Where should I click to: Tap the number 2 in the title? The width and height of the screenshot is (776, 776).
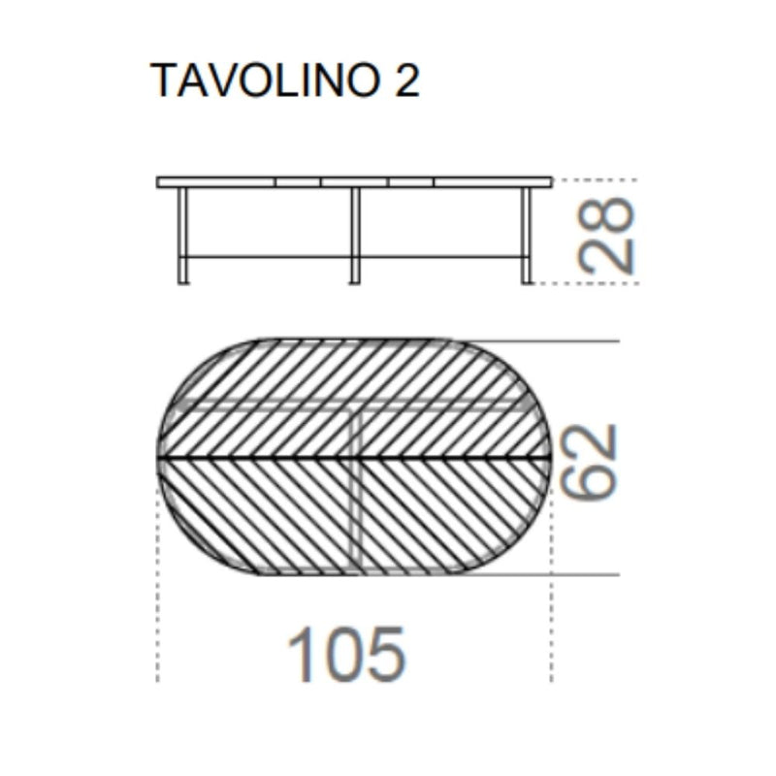click(x=406, y=82)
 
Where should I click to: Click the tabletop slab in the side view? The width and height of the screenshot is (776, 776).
click(x=354, y=181)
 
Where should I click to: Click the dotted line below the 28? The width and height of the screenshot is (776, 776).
click(x=587, y=283)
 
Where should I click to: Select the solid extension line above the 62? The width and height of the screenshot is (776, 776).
click(x=543, y=341)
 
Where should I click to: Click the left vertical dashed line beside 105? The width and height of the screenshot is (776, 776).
click(x=157, y=601)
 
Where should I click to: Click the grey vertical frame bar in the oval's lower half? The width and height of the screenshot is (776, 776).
click(x=357, y=514)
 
